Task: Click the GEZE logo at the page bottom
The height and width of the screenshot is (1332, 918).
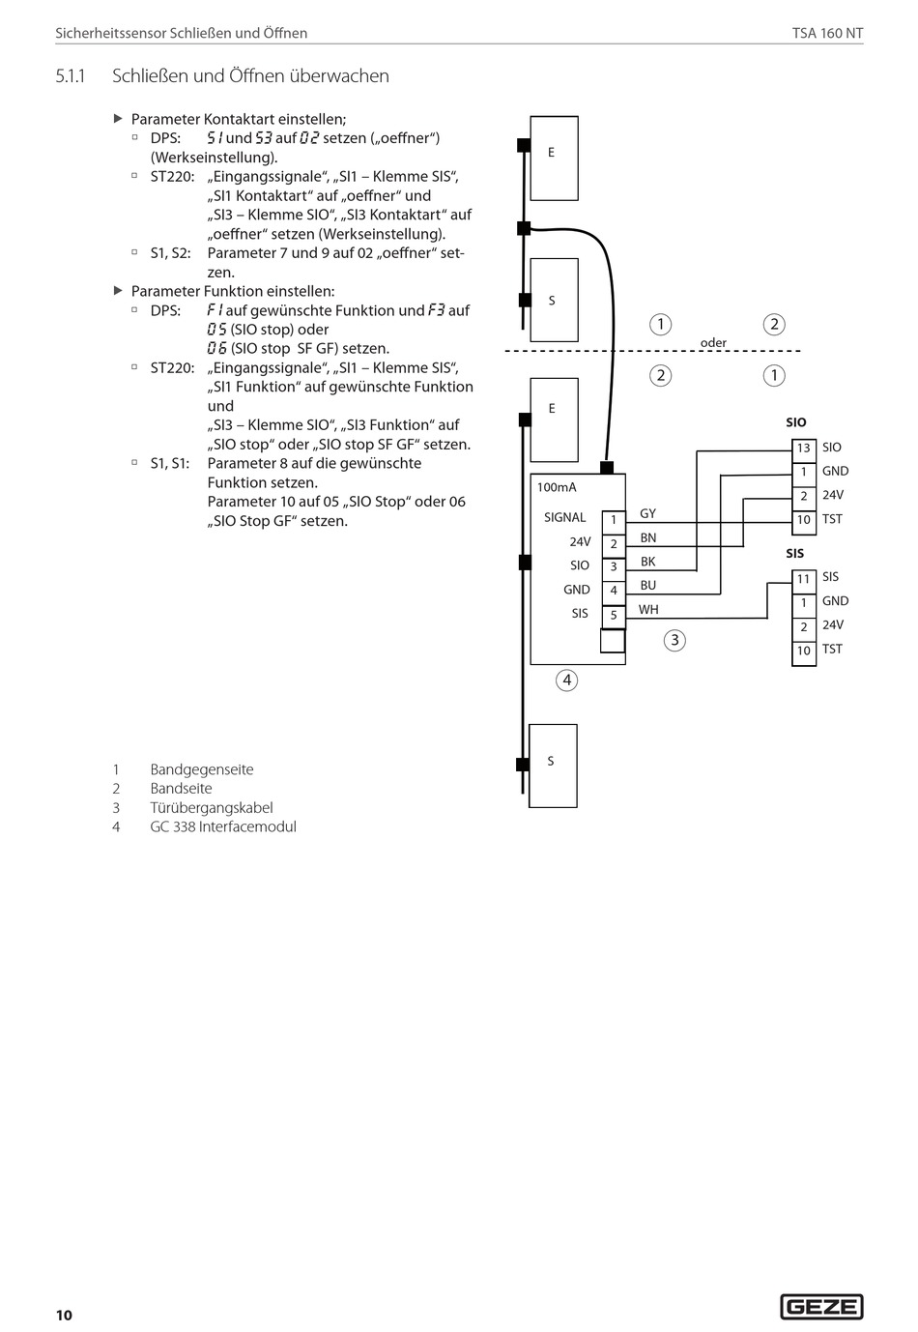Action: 821,1307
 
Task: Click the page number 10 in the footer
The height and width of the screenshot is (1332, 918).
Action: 64,1315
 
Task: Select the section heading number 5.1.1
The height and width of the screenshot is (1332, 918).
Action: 71,75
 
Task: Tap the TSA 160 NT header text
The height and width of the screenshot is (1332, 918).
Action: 827,33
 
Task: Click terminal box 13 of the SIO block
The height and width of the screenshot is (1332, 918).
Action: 804,449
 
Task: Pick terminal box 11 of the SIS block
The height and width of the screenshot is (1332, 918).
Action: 804,579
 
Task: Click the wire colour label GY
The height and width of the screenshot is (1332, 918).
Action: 647,513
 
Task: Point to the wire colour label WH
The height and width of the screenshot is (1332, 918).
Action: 647,609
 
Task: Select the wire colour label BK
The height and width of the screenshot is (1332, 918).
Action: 647,562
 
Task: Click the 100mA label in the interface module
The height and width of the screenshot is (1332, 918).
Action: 557,487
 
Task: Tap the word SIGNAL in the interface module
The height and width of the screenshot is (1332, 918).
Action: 564,517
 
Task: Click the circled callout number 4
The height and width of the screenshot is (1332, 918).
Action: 567,680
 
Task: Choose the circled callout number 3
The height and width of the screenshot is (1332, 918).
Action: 674,639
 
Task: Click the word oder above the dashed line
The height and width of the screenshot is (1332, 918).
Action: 713,343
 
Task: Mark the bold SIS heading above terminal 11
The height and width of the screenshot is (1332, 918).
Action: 794,554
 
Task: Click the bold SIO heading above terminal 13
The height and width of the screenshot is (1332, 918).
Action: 795,422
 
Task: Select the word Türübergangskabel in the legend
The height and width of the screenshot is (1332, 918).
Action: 211,807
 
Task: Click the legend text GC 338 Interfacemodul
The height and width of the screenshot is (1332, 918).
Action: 222,826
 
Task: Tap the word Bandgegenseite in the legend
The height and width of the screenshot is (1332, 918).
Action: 201,769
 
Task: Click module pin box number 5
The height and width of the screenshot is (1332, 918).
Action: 614,615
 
